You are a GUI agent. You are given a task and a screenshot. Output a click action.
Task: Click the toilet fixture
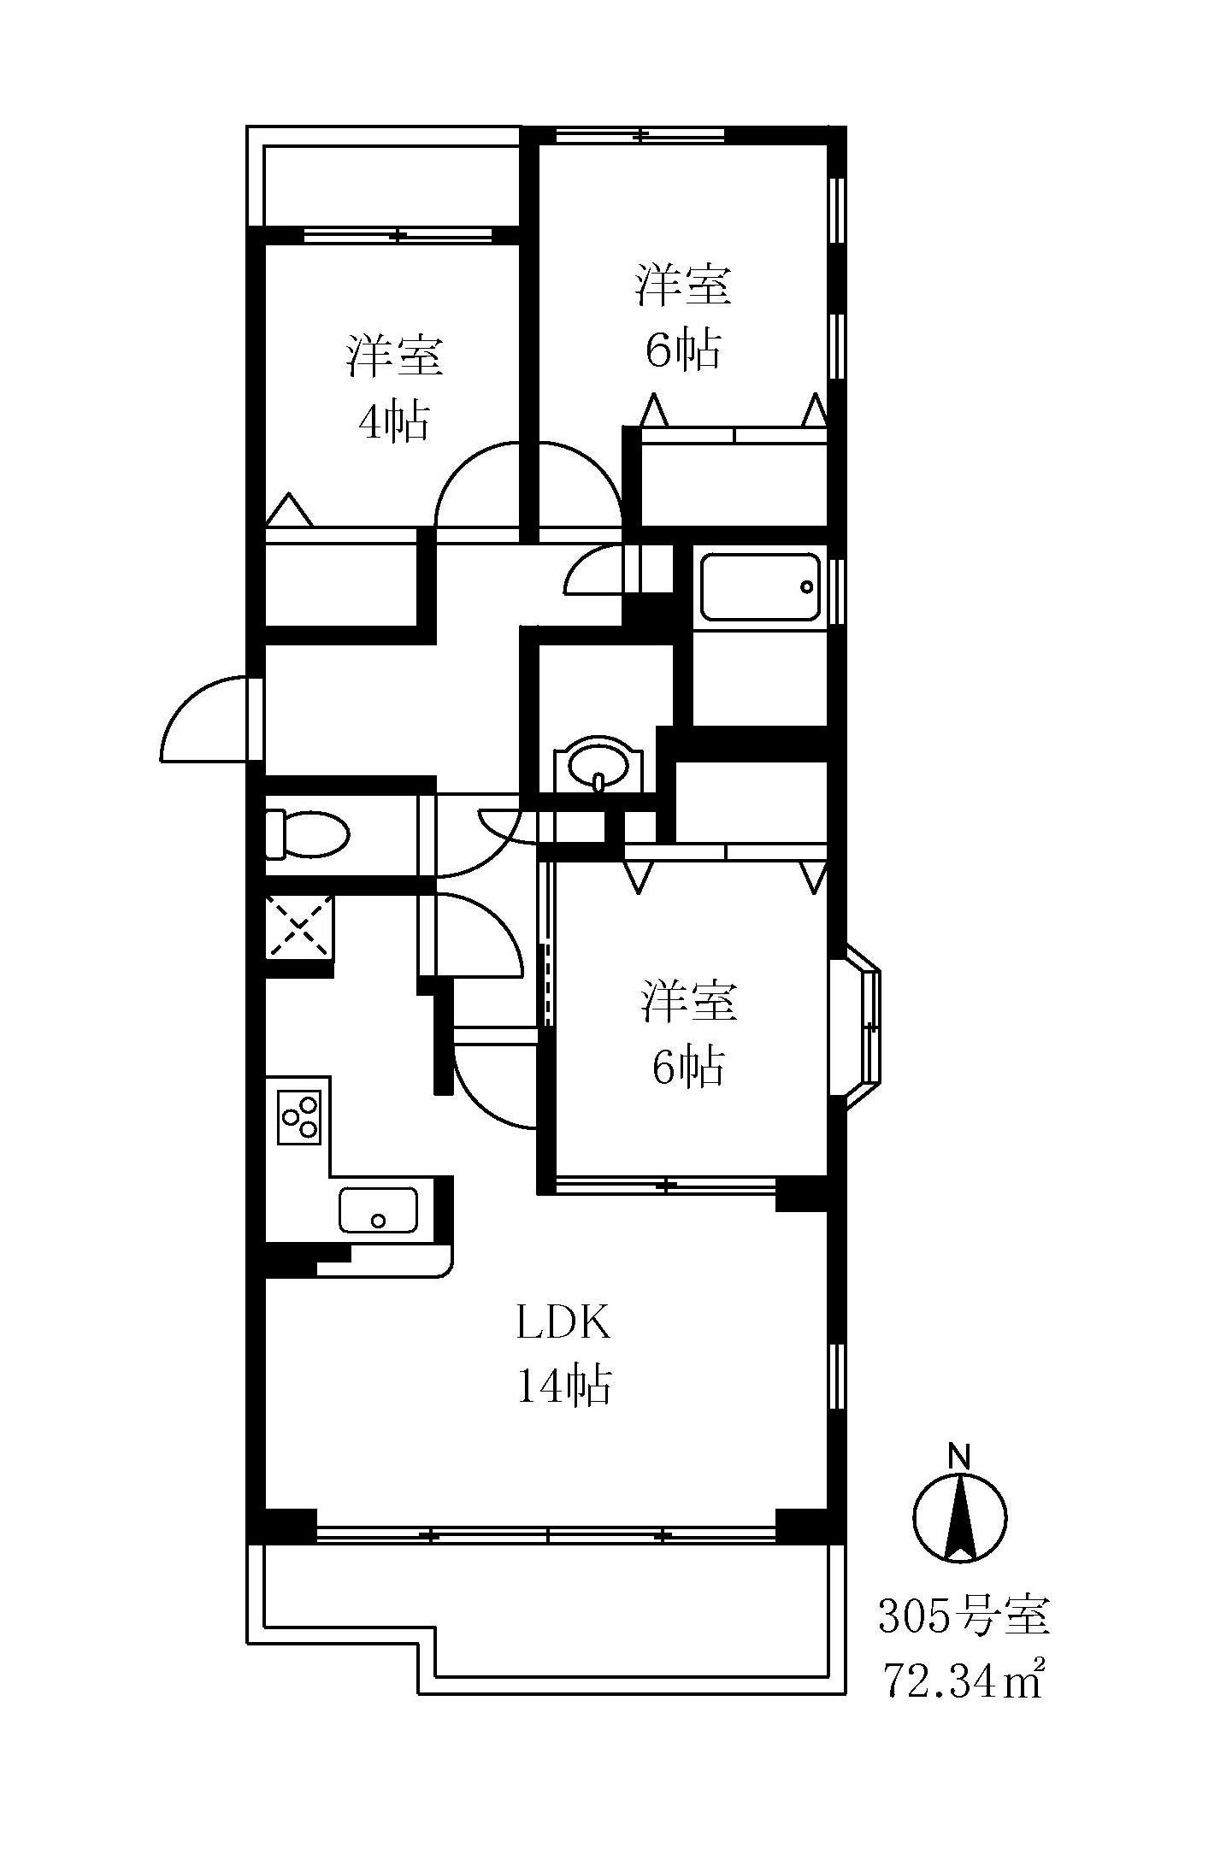[306, 833]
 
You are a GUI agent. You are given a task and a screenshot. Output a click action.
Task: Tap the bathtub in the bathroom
[759, 586]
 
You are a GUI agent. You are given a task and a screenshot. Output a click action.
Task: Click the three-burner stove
[299, 1116]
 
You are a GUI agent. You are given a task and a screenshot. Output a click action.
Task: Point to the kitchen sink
[378, 1210]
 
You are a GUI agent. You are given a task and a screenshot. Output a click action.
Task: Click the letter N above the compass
[960, 1455]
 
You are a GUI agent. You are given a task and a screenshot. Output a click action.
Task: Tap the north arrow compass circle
[960, 1518]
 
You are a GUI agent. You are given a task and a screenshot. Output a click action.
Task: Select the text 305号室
[964, 1615]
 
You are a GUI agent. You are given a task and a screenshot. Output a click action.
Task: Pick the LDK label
[563, 1322]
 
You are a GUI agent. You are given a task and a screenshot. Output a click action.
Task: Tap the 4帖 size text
[393, 421]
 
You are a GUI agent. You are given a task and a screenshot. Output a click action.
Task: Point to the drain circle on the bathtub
[805, 586]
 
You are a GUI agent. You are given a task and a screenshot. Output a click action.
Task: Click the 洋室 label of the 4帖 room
[394, 356]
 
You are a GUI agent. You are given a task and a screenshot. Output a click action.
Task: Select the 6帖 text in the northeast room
[683, 349]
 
